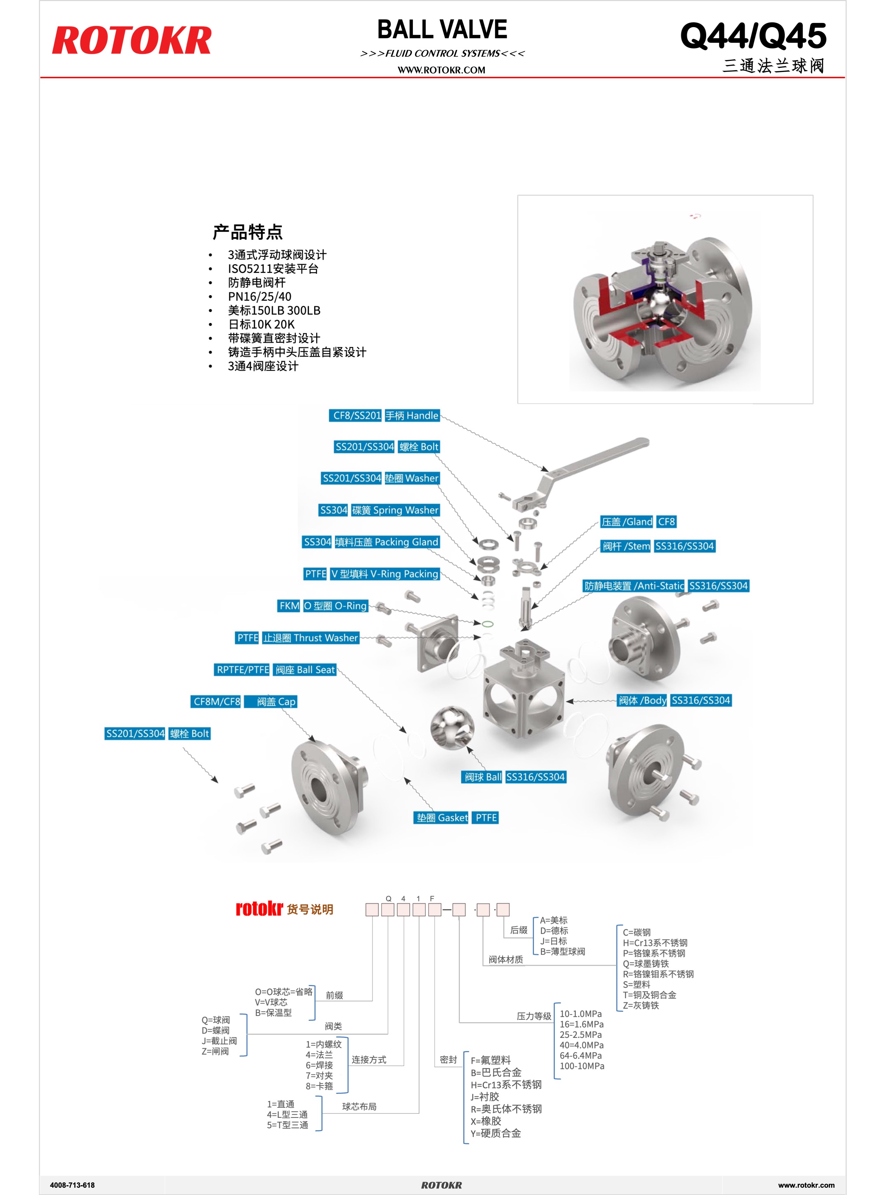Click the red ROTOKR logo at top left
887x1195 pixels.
tap(131, 40)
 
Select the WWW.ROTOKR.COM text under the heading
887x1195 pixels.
tap(441, 70)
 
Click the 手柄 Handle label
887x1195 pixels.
tap(412, 415)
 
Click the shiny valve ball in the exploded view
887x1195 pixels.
tap(452, 728)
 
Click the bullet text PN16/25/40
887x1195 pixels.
tap(259, 297)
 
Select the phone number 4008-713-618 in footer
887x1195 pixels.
tap(72, 1185)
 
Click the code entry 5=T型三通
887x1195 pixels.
tap(287, 1125)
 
